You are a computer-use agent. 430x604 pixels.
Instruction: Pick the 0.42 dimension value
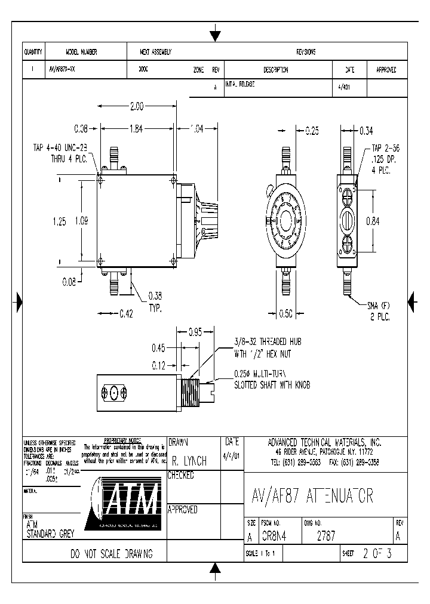(x=126, y=312)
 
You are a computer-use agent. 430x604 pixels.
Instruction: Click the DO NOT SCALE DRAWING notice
(x=112, y=554)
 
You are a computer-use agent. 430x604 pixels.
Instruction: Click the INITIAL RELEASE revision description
(x=239, y=85)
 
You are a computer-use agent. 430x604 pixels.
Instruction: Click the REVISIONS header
(x=306, y=53)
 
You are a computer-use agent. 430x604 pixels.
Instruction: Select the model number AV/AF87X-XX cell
(x=62, y=70)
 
